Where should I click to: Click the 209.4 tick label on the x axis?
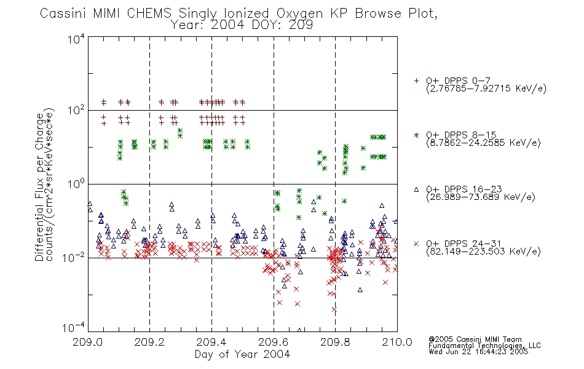211,342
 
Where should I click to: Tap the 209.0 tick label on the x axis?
88,342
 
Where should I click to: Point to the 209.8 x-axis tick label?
335,342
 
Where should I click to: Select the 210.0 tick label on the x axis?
397,342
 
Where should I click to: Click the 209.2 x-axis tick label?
150,342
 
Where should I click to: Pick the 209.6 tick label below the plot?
274,342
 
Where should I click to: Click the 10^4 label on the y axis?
76,39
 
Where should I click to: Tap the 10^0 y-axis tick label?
76,184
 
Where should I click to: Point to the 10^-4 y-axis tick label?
74,328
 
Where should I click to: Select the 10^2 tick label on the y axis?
76,110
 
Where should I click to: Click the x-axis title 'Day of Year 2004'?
242,354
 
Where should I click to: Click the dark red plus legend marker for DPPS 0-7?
416,81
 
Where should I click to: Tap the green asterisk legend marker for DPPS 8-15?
416,135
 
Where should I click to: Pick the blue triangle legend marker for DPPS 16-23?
416,189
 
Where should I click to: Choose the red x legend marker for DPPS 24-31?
416,244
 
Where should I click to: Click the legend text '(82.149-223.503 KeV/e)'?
483,252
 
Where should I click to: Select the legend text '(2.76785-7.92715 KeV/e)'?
486,89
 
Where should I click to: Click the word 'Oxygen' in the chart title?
300,14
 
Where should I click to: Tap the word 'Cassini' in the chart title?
63,14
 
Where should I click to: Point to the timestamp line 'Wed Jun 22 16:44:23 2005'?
478,352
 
